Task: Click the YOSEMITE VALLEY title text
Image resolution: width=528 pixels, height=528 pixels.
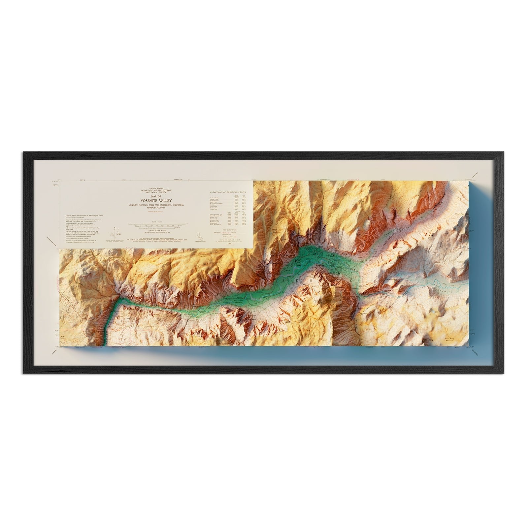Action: [x=156, y=200]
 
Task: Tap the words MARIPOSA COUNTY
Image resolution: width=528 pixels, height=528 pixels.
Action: [x=156, y=208]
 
